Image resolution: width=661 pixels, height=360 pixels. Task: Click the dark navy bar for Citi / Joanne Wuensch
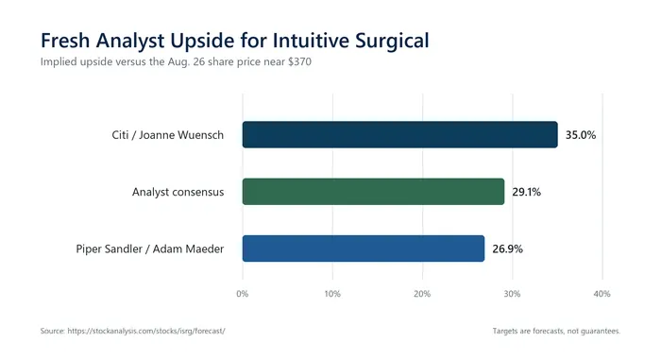[399, 134]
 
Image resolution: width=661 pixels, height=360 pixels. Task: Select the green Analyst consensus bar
[373, 192]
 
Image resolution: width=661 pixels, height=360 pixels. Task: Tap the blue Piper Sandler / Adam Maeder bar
[364, 249]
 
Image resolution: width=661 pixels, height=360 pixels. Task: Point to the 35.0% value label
[581, 135]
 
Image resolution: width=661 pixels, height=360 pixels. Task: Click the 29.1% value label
[527, 192]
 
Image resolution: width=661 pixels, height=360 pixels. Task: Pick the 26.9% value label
[508, 249]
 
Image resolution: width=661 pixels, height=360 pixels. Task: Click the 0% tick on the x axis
[243, 294]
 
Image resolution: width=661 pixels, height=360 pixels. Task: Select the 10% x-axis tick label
[332, 294]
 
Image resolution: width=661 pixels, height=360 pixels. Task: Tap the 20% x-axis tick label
[422, 294]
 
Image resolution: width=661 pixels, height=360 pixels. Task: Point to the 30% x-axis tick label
[512, 294]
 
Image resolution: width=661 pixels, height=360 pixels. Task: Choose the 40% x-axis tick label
[602, 294]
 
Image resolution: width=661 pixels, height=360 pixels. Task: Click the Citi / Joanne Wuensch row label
[168, 135]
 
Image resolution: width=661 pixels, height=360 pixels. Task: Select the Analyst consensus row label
[178, 192]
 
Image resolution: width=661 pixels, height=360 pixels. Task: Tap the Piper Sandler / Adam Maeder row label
[149, 249]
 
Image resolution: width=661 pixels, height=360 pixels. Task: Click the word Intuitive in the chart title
[311, 41]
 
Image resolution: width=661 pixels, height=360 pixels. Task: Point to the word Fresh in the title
[65, 41]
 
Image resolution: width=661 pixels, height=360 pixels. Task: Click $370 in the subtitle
[299, 61]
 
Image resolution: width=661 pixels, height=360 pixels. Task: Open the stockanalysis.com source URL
[146, 331]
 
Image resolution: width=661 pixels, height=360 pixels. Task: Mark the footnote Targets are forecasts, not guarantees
[556, 331]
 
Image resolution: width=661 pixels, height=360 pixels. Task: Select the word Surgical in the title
[392, 42]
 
